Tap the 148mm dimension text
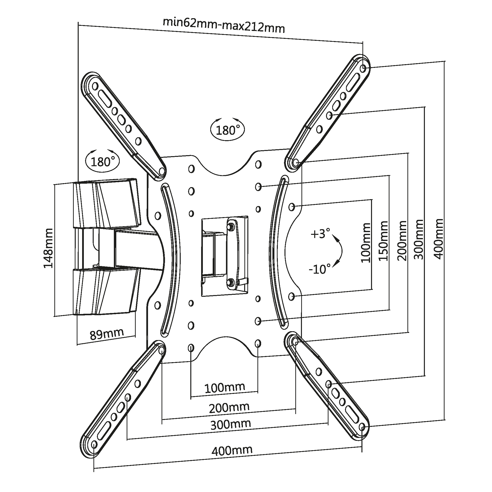(48, 248)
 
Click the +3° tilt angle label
(320, 234)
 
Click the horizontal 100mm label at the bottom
(225, 388)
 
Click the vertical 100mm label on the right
(366, 242)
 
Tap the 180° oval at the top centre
(227, 130)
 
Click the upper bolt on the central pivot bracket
(231, 226)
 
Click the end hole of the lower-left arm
(94, 445)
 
